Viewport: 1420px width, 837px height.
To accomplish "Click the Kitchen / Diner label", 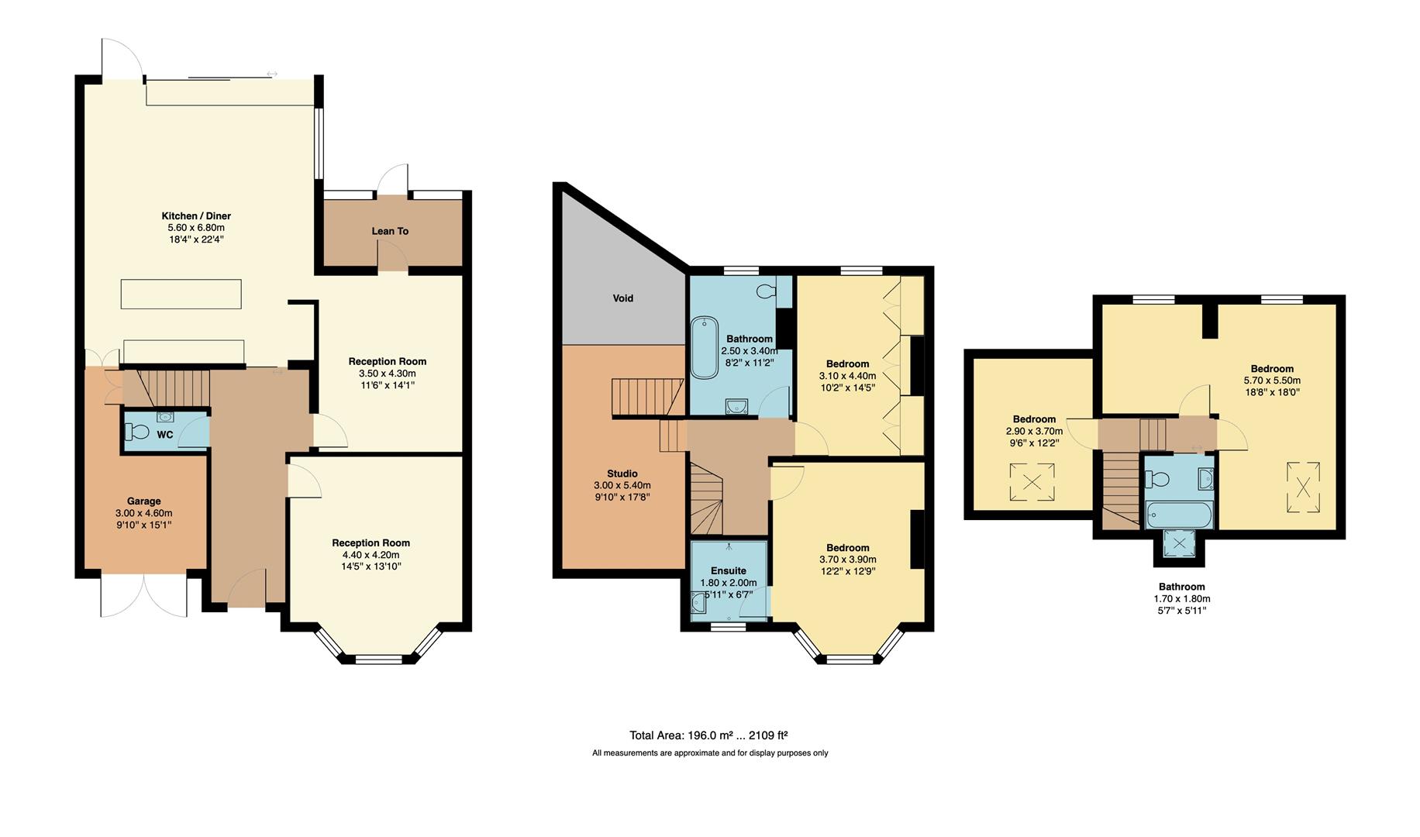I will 196,216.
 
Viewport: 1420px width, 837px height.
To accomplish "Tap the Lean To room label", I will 390,231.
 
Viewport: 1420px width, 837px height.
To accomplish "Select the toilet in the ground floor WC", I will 140,432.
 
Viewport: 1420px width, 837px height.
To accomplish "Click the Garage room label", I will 143,501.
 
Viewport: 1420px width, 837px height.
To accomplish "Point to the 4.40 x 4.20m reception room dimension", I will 371,555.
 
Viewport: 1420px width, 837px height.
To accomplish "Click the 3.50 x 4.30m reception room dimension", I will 387,374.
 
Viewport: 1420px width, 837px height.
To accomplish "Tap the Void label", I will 622,298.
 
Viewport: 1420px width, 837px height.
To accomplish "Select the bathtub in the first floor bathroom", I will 704,347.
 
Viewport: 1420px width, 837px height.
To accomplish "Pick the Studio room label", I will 622,474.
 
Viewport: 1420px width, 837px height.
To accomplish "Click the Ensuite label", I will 728,571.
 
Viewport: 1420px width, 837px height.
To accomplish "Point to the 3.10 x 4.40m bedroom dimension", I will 847,376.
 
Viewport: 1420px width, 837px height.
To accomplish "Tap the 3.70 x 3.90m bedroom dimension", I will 847,560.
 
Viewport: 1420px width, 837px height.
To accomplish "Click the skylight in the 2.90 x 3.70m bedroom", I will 1032,482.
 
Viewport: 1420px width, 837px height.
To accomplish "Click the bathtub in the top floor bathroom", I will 1178,514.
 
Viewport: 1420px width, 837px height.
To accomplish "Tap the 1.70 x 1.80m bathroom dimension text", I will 1181,599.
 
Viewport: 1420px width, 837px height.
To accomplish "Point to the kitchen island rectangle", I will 181,294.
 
